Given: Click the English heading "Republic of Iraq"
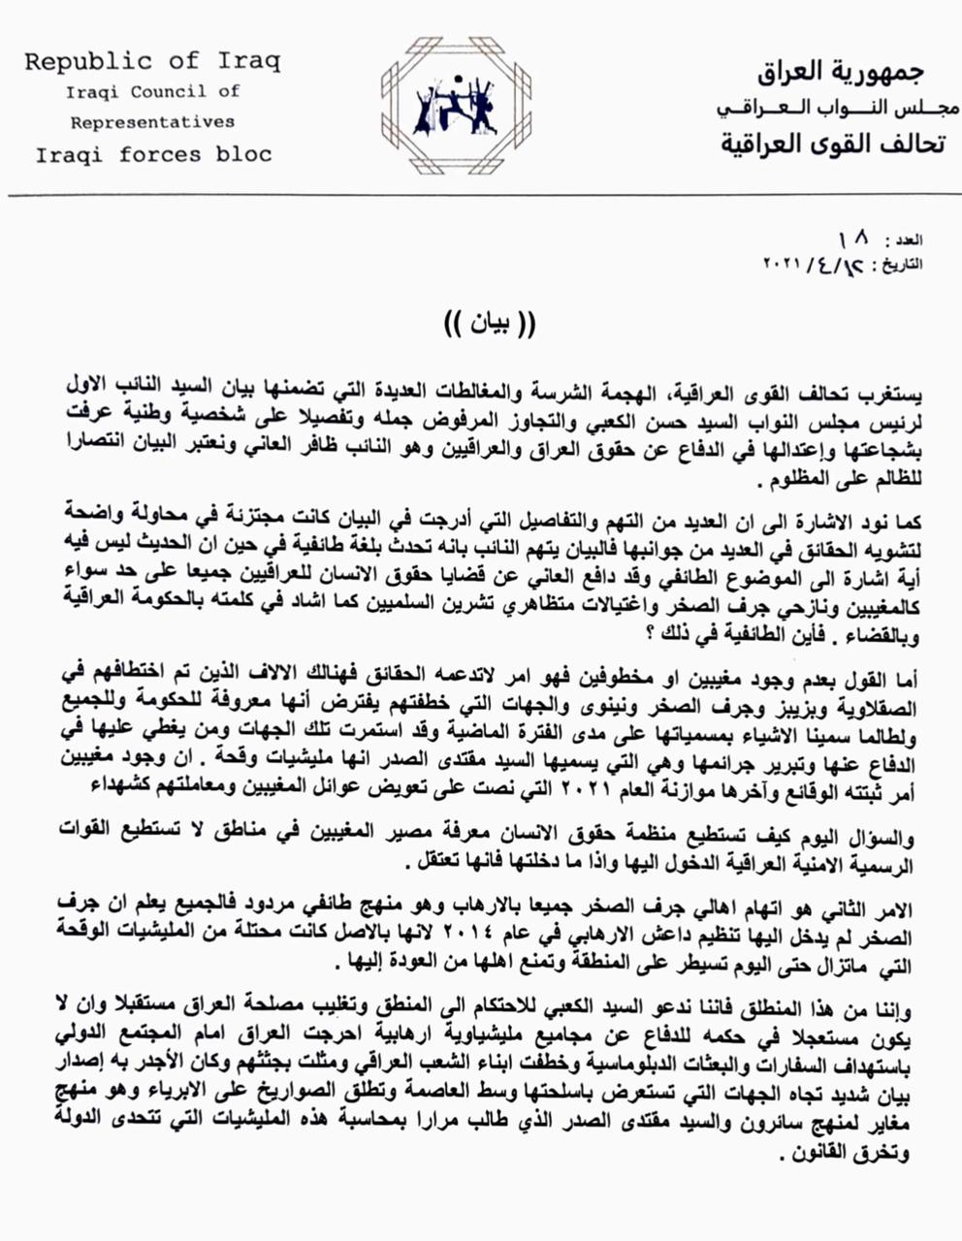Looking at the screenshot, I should [x=152, y=62].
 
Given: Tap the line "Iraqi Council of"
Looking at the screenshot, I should [x=152, y=93].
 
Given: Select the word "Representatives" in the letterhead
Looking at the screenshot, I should [x=152, y=122].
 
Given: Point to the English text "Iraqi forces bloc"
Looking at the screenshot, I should [x=153, y=154].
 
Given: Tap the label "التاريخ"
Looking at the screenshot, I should [x=912, y=264].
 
